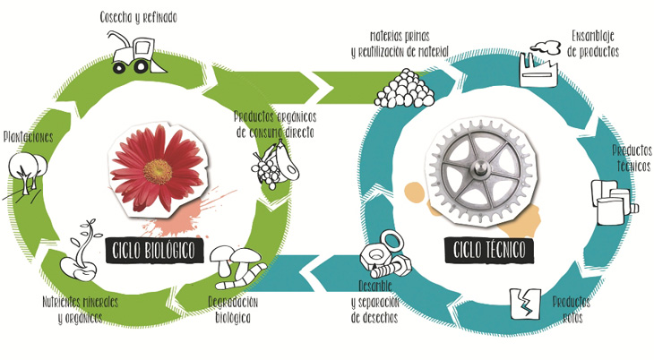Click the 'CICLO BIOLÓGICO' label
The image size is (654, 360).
pos(153,248)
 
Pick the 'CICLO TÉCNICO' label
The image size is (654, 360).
pos(489,248)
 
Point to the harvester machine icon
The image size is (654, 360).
pos(135,52)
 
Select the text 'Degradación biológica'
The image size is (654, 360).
pos(232,309)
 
